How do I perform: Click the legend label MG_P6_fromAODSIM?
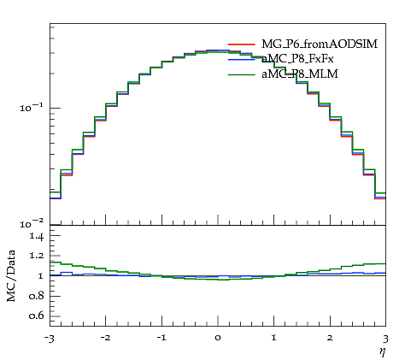coord(320,44)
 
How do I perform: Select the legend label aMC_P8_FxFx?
coord(297,59)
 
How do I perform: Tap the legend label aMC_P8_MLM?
coord(300,74)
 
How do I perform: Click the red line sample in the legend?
coord(241,44)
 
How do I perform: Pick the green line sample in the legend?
coord(241,74)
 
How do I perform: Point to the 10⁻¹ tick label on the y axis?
coord(32,108)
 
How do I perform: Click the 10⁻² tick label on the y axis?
coord(32,224)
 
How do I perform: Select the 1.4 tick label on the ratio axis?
coord(37,237)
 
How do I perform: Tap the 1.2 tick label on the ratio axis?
coord(37,256)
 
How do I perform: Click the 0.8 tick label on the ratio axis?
coord(37,296)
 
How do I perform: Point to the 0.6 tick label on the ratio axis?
coord(37,316)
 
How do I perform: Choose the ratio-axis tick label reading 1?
coord(41,275)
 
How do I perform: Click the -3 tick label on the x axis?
coord(50,339)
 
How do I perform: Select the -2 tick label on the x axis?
coord(105,339)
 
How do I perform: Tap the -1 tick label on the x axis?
coord(161,339)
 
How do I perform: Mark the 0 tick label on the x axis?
coord(218,339)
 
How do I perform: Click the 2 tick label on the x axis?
coord(330,339)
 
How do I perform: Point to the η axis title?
coord(383,352)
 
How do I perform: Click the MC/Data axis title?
coord(11,275)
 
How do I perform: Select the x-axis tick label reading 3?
coord(385,339)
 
